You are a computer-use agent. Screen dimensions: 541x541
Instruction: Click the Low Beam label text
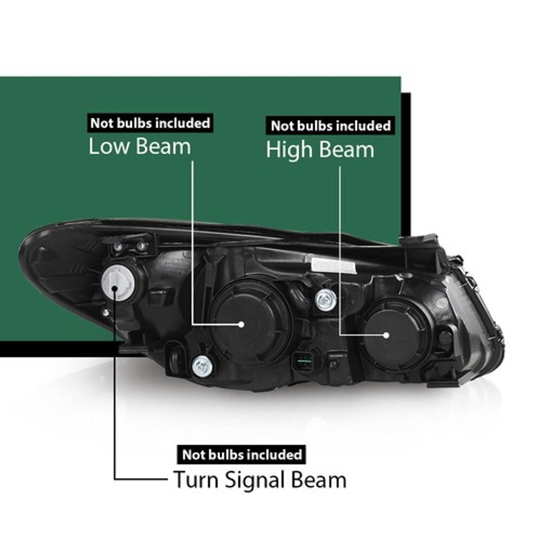[x=140, y=147]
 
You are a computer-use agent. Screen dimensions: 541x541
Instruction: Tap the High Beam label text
[x=320, y=149]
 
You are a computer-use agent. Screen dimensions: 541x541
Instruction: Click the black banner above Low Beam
[x=150, y=123]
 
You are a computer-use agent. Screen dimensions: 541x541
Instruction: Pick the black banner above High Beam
[x=331, y=126]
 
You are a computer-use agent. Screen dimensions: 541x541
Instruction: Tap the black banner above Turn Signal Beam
[x=242, y=454]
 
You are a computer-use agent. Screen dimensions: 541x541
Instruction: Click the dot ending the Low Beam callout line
[x=241, y=325]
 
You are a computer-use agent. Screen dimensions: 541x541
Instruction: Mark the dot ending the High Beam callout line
[x=386, y=335]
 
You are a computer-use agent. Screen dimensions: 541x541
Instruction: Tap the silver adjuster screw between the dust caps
[x=326, y=300]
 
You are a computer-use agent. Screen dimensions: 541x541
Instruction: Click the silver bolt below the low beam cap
[x=202, y=366]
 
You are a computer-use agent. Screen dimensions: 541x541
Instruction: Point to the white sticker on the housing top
[x=334, y=265]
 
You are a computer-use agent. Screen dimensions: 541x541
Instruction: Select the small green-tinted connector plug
[x=303, y=362]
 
